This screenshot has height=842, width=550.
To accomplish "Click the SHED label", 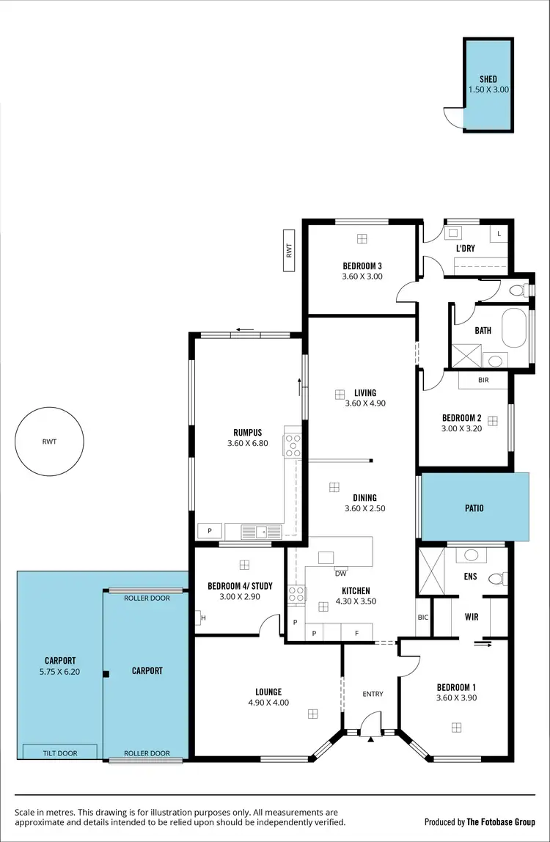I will pos(488,79).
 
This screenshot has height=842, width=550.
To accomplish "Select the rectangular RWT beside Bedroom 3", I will pos(290,251).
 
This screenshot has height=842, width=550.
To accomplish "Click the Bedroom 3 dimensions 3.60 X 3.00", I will pos(362,277).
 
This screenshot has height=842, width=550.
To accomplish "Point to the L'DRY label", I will pos(465,249).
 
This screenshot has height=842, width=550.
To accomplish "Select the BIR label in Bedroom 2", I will pos(483,381).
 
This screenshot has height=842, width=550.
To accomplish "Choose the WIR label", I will pos(472,617).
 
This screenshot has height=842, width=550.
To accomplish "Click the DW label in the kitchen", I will pos(340,573).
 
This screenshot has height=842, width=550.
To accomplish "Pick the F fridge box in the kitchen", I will pos(356,632).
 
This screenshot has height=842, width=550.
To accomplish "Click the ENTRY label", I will pos(373,694).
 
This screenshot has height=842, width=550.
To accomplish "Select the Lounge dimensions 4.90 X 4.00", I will pos(268,702).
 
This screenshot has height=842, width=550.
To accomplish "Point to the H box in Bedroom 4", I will pos(202,618).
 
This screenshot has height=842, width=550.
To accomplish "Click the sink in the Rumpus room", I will pos(262,531).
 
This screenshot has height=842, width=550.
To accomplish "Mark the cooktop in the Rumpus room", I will pos(293,446).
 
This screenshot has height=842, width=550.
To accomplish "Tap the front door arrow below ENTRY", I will pos(372,739).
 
